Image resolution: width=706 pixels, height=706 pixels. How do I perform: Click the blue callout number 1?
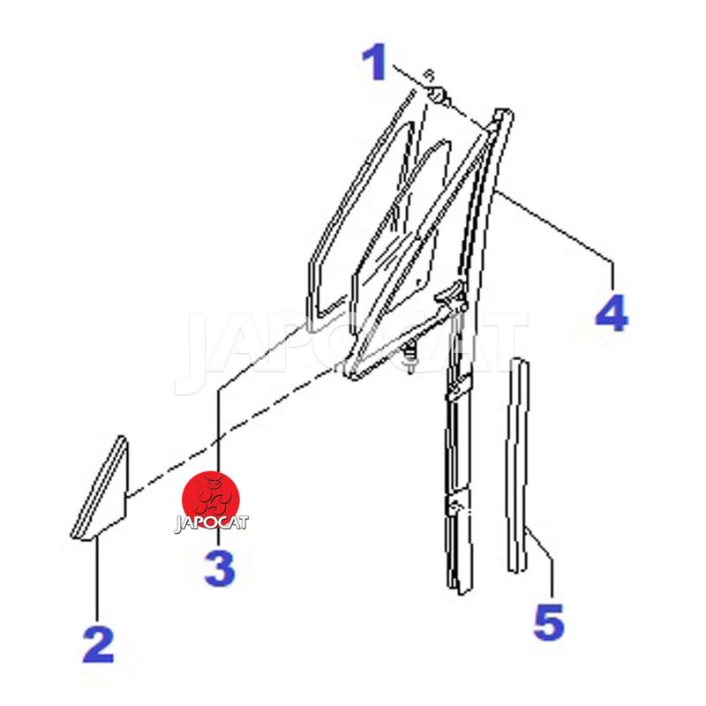[x=374, y=62]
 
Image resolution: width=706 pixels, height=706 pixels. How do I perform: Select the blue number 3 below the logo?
[x=220, y=568]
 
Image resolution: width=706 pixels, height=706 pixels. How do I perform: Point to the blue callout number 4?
[x=612, y=312]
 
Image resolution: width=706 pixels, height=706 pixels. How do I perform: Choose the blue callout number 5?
[x=549, y=622]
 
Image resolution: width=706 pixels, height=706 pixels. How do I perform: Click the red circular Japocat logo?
[x=211, y=500]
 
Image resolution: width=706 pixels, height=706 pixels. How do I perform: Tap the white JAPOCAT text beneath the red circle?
[x=211, y=523]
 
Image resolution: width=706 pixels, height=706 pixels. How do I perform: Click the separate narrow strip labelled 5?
[x=517, y=466]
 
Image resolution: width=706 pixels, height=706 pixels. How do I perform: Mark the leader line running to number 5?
[x=542, y=547]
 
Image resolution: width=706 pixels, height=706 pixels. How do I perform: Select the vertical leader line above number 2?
[x=97, y=581]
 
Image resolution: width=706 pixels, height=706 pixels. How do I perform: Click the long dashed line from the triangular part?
[x=232, y=432]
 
